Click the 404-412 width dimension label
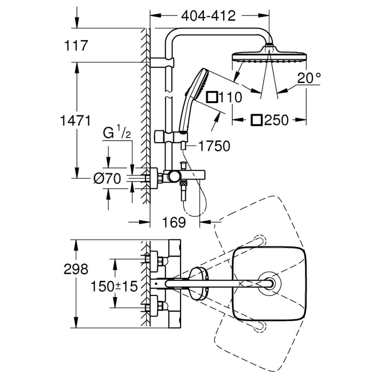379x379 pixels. coord(208,16)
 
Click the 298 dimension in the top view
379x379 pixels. coord(76,269)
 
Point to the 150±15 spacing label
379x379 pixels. coord(114,286)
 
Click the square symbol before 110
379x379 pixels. coord(212,97)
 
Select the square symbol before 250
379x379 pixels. coord(256,120)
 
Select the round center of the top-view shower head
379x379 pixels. coord(269,283)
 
